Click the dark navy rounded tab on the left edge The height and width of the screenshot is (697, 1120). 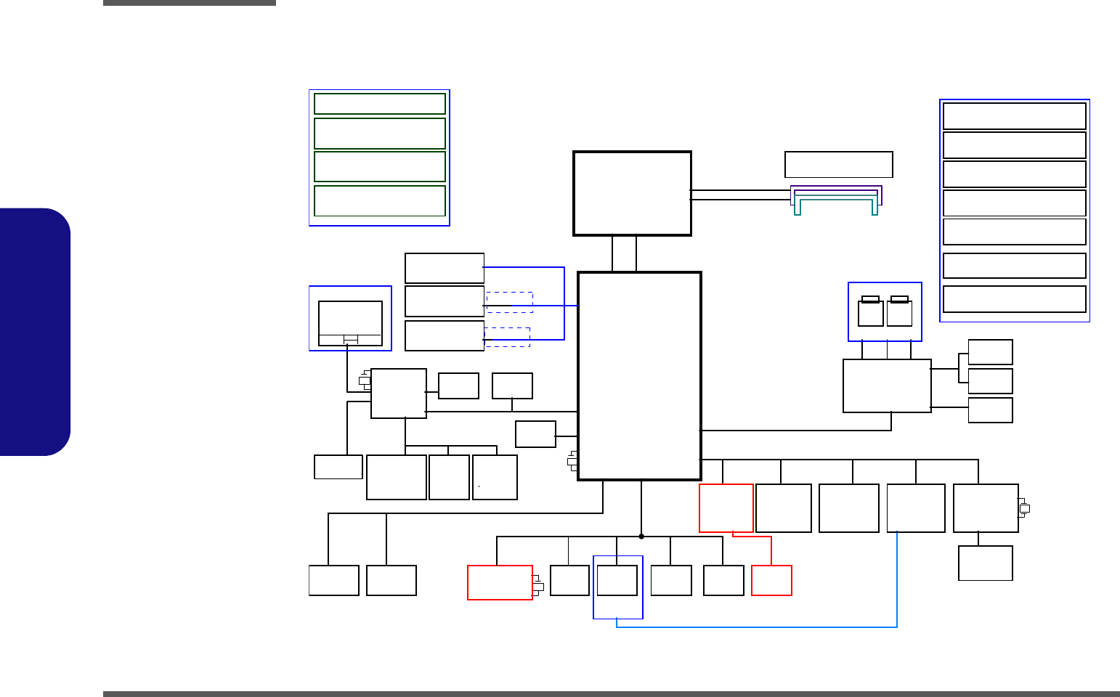coord(35,332)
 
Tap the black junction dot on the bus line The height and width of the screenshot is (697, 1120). coord(641,537)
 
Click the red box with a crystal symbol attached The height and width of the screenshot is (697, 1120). coord(500,582)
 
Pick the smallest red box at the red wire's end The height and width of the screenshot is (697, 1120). coord(771,581)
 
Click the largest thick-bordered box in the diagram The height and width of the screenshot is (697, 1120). coord(639,376)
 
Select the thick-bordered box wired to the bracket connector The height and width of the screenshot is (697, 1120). coord(632,193)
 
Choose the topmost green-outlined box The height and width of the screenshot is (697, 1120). coord(379,104)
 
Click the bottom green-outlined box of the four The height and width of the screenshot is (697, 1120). coord(379,200)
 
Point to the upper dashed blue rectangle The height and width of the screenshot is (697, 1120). coord(510,302)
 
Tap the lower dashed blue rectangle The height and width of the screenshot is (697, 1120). coord(507,337)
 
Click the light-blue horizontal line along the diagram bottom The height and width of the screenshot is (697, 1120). coord(755,627)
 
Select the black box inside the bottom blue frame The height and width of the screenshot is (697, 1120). coord(617,581)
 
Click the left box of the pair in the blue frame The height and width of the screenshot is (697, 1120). coord(870,313)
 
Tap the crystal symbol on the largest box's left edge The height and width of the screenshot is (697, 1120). coord(572,461)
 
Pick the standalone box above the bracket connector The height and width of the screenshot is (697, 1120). coord(838,164)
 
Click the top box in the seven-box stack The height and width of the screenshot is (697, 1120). coord(1014,116)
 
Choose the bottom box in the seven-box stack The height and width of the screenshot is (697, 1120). coord(1014,299)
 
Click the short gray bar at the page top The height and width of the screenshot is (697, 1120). coord(189,3)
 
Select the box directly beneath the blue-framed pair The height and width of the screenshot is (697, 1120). coord(887,386)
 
